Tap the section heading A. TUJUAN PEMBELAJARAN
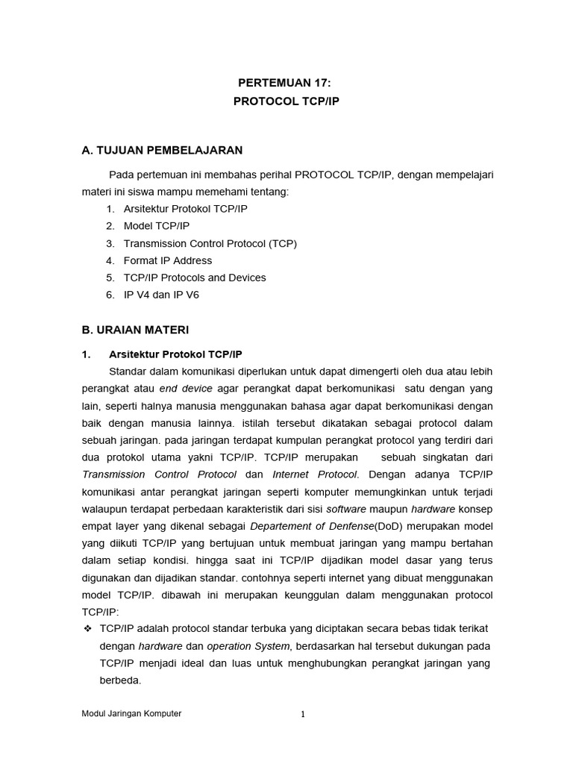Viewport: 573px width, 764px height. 162,150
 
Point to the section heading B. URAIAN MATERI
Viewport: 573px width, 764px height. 135,329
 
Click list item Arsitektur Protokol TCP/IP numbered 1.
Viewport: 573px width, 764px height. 185,209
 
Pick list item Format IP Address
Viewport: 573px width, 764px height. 168,260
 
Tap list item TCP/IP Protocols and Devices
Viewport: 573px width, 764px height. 195,278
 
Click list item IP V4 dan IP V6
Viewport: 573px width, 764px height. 161,295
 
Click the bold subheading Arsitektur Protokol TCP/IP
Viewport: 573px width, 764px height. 175,354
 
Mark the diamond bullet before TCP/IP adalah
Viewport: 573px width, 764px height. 87,628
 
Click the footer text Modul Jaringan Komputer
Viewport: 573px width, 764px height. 131,713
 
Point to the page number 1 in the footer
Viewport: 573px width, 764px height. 303,714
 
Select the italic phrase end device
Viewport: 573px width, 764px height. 186,389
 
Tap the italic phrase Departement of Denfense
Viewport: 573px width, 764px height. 311,526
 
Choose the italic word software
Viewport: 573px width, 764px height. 346,509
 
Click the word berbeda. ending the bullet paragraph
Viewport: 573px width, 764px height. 120,680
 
